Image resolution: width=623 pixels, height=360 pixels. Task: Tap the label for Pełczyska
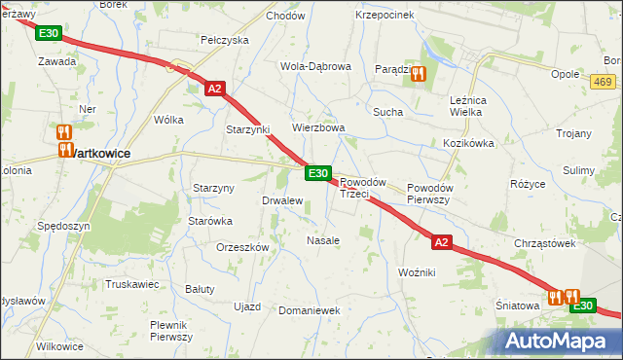(225, 40)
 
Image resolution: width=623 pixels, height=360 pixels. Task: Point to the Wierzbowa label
(319, 127)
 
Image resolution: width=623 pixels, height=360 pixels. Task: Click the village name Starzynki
(247, 129)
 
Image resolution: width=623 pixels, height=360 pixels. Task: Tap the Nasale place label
(323, 239)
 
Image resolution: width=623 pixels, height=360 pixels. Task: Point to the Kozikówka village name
(469, 143)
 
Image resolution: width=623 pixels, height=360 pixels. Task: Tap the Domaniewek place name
(308, 310)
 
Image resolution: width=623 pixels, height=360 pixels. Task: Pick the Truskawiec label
(132, 284)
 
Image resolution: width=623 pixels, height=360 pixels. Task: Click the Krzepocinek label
(385, 16)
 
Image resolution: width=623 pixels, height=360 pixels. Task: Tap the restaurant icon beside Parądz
(419, 72)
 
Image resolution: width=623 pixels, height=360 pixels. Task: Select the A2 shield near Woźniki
(442, 242)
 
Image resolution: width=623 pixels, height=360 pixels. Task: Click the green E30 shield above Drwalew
(317, 172)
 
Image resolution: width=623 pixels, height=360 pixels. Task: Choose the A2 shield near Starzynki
(216, 89)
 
